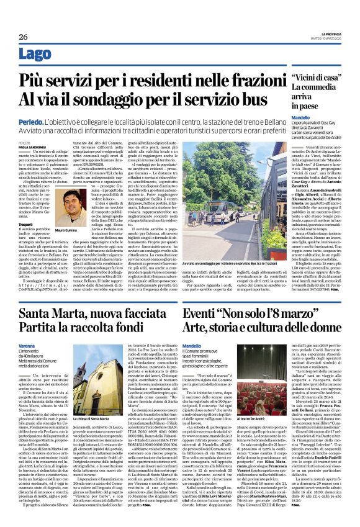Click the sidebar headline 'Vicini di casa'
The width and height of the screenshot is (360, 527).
coord(313,78)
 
